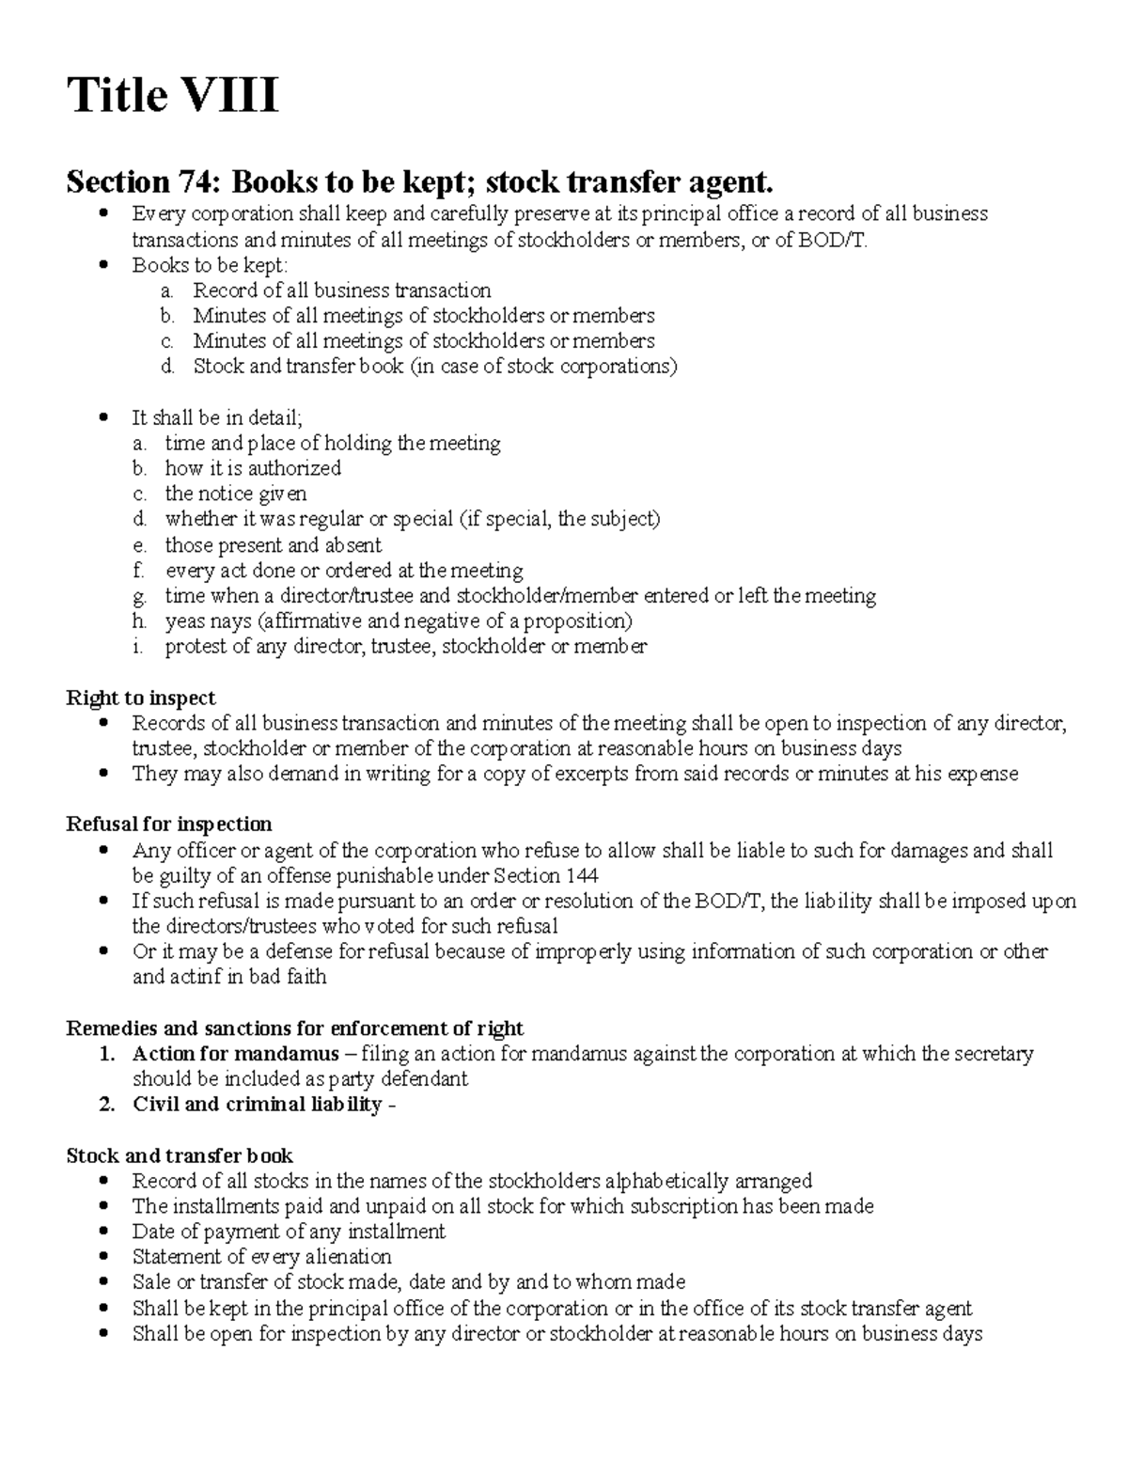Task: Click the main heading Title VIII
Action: (x=172, y=97)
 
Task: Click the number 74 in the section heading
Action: (x=198, y=181)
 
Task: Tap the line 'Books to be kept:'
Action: (x=210, y=266)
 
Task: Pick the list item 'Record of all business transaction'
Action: (x=341, y=291)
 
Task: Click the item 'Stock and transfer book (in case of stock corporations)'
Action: (x=434, y=367)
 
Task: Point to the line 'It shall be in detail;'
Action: (x=217, y=418)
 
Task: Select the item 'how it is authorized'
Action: (x=253, y=468)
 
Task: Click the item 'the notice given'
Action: (x=235, y=494)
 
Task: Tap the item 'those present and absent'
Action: (x=273, y=545)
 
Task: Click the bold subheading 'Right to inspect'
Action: (x=140, y=698)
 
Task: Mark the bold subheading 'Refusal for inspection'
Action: (x=168, y=824)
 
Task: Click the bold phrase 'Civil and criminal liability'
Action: (x=257, y=1105)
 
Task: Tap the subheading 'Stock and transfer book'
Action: (x=179, y=1156)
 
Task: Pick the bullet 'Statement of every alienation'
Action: (x=261, y=1257)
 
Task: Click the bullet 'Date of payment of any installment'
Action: (x=288, y=1232)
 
